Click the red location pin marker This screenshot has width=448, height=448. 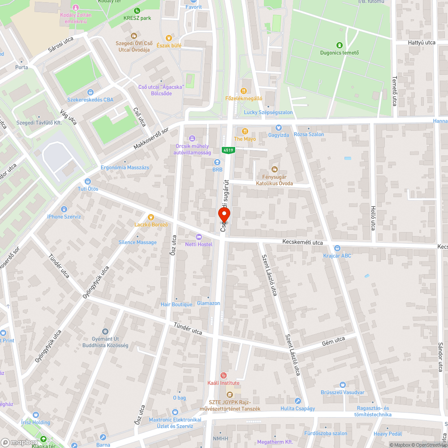point(224,215)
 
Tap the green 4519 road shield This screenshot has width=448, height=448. point(228,151)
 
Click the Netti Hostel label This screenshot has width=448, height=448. point(199,244)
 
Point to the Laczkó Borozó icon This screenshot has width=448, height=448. point(151,216)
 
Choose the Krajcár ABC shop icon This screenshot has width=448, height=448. point(337,248)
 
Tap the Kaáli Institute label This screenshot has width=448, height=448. point(224,383)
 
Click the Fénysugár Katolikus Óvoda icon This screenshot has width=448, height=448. point(275,169)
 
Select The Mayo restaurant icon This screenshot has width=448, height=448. point(245,131)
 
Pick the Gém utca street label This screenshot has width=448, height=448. point(333,341)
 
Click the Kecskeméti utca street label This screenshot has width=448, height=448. point(302,242)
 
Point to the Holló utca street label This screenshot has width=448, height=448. point(373,218)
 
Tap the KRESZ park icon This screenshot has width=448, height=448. point(137,11)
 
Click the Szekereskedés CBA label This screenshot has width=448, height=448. point(90,99)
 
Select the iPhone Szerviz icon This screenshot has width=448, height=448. point(64,209)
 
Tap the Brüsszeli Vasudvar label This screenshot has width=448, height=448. point(343,392)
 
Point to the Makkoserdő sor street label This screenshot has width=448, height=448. point(151,139)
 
